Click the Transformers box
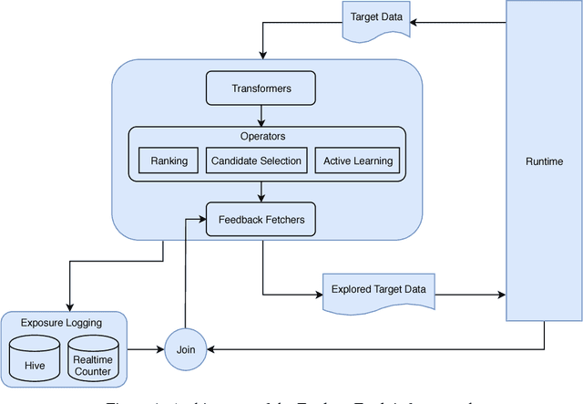click(261, 88)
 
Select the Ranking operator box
click(169, 161)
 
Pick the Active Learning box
click(358, 161)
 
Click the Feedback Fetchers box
click(261, 220)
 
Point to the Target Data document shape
click(375, 18)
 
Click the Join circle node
click(185, 348)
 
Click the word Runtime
click(544, 161)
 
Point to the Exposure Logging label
click(61, 322)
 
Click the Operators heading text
click(262, 137)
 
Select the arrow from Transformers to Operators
click(261, 115)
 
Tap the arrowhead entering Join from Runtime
click(212, 348)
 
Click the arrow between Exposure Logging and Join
click(146, 348)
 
